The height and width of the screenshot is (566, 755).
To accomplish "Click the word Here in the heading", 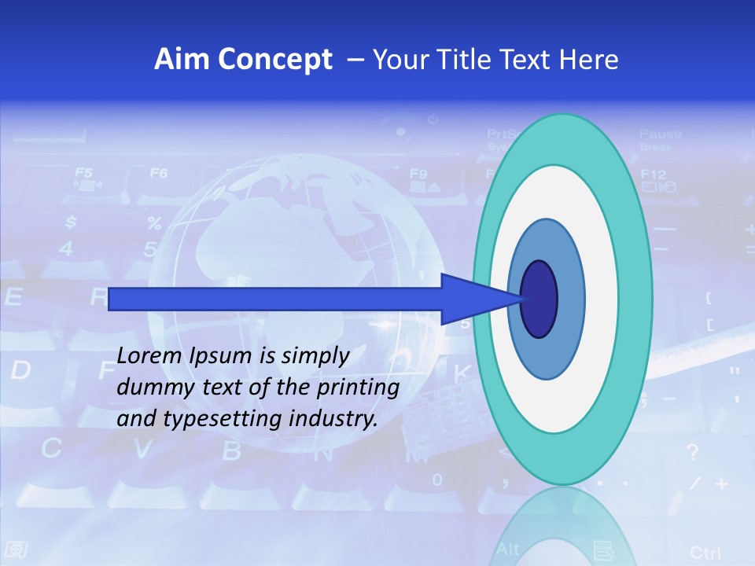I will (x=591, y=60).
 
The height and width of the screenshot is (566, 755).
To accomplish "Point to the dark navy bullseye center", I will (x=539, y=299).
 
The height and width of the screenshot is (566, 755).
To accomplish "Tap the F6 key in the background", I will (x=159, y=173).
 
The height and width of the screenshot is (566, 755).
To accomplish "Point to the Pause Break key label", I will (x=660, y=139).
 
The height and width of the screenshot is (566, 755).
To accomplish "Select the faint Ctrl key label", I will (x=705, y=552).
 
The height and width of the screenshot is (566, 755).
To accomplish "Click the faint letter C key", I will (x=52, y=449).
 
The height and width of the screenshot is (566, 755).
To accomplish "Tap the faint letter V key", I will (x=142, y=450).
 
